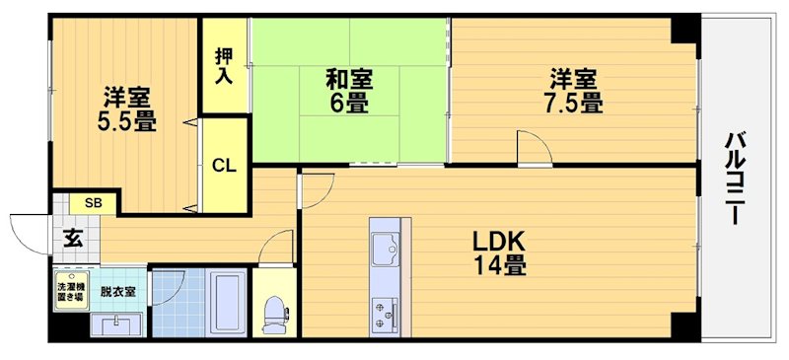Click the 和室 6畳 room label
point(349,90)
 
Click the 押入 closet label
point(225,65)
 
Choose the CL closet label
point(224,166)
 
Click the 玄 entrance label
point(73,238)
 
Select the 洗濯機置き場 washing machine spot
point(69,294)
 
